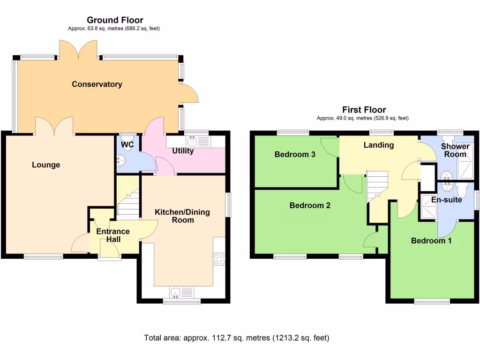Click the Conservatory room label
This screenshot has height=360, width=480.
[97, 84]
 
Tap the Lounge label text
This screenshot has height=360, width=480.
[46, 165]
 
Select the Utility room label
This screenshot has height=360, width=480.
[183, 151]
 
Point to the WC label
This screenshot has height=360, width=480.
[127, 145]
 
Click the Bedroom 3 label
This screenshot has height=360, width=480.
[295, 155]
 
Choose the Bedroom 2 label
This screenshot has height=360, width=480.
[310, 205]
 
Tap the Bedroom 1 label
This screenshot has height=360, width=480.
[431, 241]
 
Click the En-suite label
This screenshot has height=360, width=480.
[447, 200]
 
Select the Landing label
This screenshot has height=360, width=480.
[379, 145]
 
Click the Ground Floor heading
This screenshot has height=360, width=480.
[115, 20]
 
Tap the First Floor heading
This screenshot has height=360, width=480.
[364, 110]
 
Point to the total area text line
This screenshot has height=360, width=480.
[237, 337]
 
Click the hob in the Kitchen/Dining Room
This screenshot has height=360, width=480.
[219, 259]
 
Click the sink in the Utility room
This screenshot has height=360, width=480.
[192, 141]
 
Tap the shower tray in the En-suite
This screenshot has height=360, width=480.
[427, 207]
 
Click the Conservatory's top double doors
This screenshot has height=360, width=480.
[78, 49]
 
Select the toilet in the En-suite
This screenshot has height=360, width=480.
[461, 189]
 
